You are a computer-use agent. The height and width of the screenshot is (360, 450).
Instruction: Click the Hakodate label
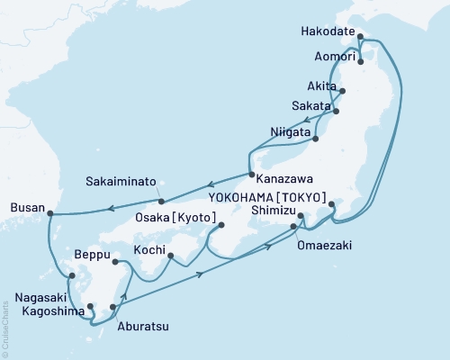click(327, 30)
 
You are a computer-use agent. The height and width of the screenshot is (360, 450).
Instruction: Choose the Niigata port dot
click(316, 139)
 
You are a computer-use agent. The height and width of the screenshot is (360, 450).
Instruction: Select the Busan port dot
click(49, 214)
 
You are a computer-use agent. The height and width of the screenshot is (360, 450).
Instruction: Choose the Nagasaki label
click(37, 292)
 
